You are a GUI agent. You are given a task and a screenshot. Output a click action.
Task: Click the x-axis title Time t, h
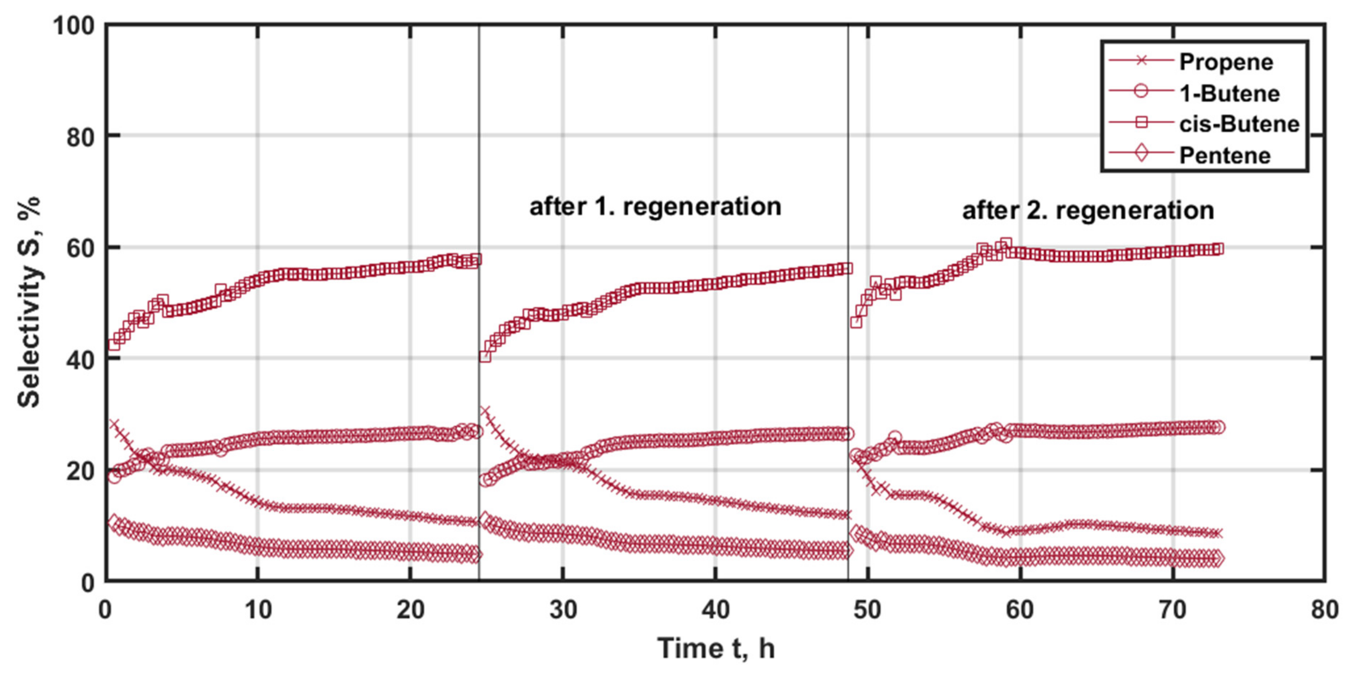(716, 648)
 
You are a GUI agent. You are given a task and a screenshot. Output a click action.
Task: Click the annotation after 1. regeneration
(655, 206)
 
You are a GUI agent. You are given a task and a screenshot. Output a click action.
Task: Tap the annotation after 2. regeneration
(1088, 210)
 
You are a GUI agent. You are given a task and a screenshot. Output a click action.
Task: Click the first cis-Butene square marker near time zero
(114, 344)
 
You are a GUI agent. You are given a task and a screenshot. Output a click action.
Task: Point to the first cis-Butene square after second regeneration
(856, 322)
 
